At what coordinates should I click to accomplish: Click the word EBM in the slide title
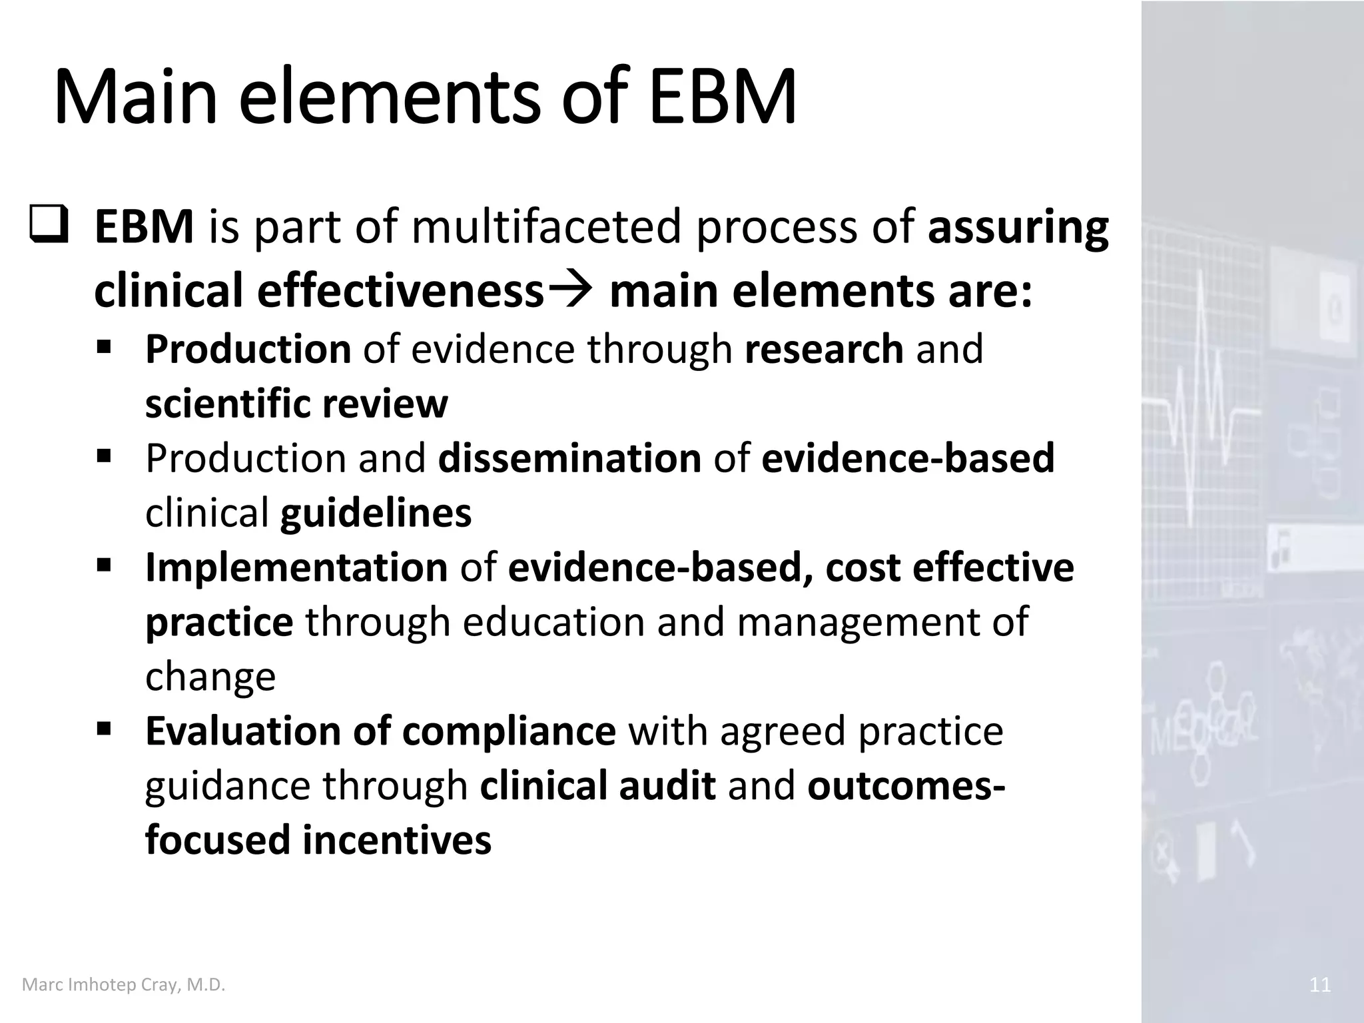(722, 97)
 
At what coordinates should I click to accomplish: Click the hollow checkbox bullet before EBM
(49, 225)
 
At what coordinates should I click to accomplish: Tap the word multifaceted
(547, 226)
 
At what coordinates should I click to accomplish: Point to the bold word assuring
(1018, 228)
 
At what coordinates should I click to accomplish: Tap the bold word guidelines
(376, 513)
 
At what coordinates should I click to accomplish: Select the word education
(553, 621)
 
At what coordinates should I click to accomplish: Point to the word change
(210, 677)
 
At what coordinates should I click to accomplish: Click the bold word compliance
(509, 731)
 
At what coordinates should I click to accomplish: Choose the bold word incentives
(397, 839)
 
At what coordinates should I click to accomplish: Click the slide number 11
(1319, 985)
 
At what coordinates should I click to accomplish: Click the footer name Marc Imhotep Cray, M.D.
(124, 985)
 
